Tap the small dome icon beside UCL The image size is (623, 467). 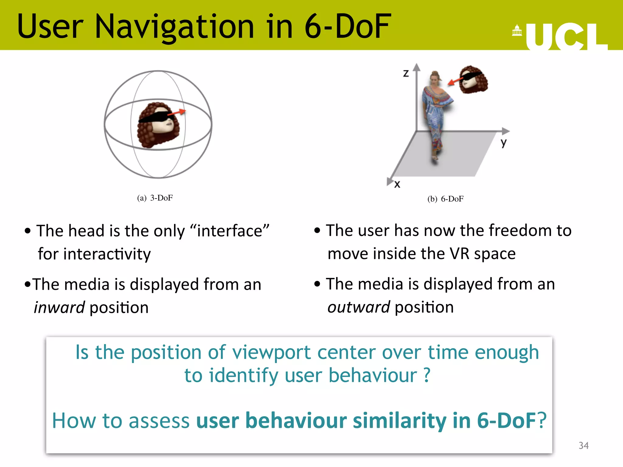[517, 30]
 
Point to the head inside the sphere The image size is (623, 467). [158, 125]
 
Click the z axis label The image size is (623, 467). [406, 73]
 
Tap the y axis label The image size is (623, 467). [503, 143]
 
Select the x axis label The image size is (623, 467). [397, 184]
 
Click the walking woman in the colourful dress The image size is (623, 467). [436, 116]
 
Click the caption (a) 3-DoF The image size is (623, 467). [155, 198]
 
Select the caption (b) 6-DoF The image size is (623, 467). [445, 199]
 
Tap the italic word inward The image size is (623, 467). [59, 307]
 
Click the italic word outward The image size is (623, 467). [358, 307]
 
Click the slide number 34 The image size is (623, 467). [583, 445]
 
